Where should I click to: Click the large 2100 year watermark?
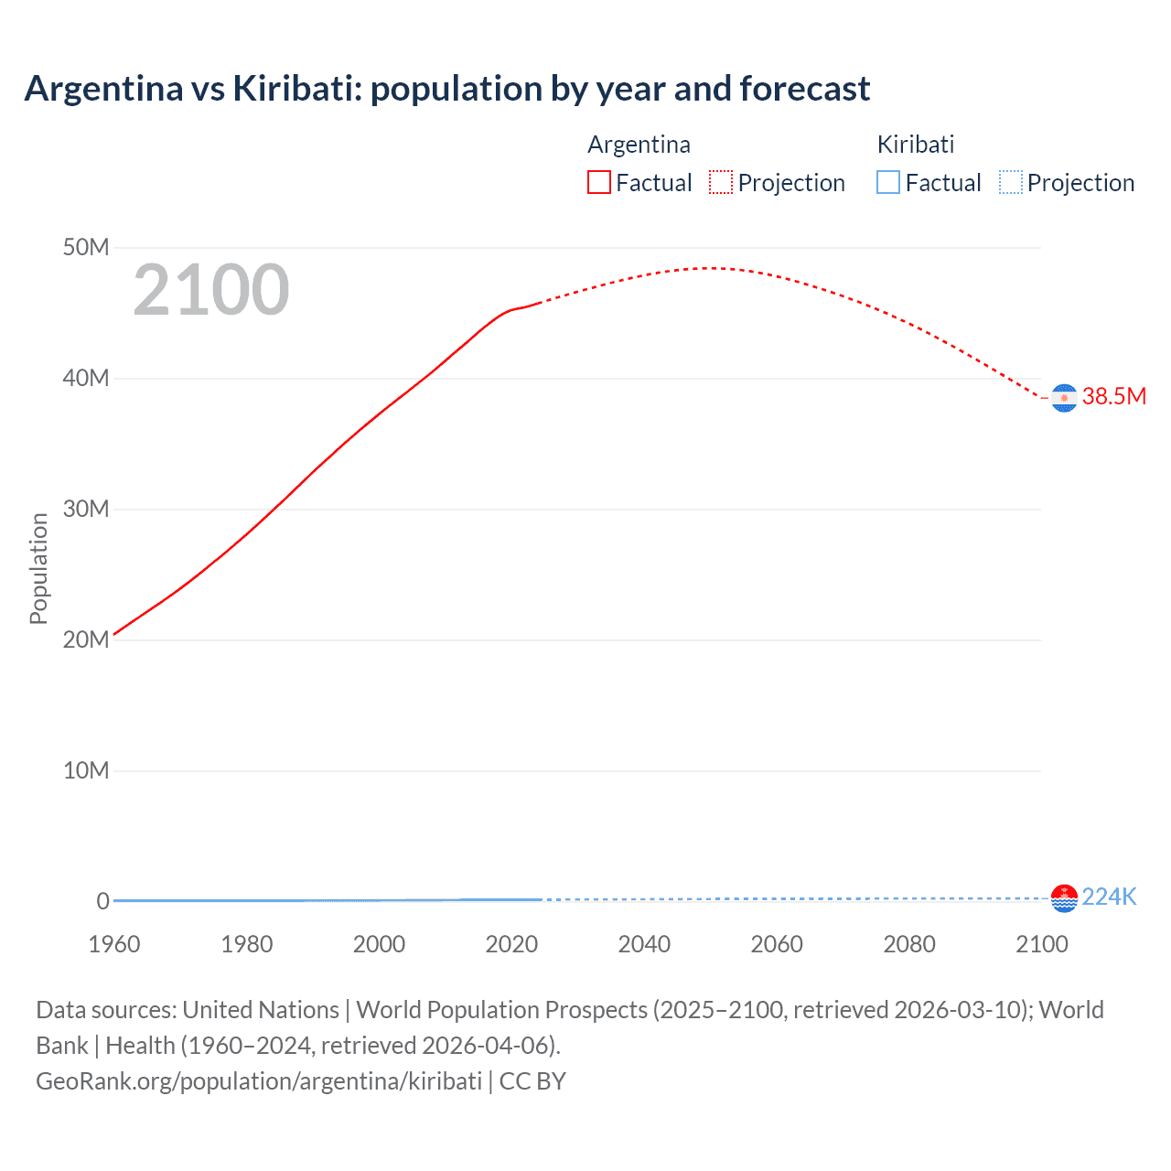(x=211, y=290)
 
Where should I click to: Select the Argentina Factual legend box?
(x=598, y=183)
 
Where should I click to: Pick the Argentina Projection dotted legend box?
(x=721, y=183)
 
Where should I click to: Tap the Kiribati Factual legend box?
(x=888, y=183)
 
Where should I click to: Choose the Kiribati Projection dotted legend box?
(x=1011, y=183)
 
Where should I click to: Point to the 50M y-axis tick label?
(x=86, y=248)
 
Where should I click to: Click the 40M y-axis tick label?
(x=86, y=379)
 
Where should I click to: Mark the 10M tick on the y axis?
(x=86, y=770)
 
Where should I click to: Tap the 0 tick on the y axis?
(x=102, y=901)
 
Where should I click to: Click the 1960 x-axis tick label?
(x=114, y=944)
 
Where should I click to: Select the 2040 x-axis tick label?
(x=644, y=944)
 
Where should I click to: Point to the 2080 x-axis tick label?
(x=909, y=944)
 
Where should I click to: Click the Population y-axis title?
(x=38, y=568)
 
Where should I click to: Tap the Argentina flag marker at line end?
(x=1064, y=398)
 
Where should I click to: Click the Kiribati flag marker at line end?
(x=1064, y=898)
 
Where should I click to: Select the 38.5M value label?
(x=1113, y=396)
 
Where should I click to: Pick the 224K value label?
(x=1109, y=897)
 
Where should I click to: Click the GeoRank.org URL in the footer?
(x=259, y=1081)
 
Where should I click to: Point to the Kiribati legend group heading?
(x=916, y=145)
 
